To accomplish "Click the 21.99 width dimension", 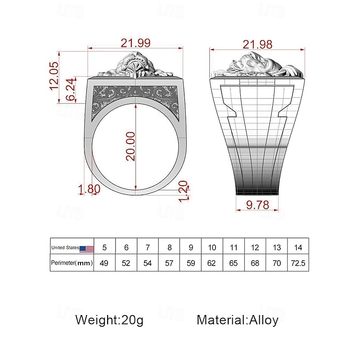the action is (135, 43).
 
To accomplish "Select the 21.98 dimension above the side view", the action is (257, 44).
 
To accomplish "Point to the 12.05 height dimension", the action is (54, 76).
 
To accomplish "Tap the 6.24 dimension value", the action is (71, 89).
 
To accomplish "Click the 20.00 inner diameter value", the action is (130, 146).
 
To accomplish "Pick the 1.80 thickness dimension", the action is (89, 189).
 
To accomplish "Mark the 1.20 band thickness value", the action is (183, 191).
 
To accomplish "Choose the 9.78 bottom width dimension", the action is (257, 205).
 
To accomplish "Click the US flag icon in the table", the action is (86, 249).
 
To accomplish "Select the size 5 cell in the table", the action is (104, 247).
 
